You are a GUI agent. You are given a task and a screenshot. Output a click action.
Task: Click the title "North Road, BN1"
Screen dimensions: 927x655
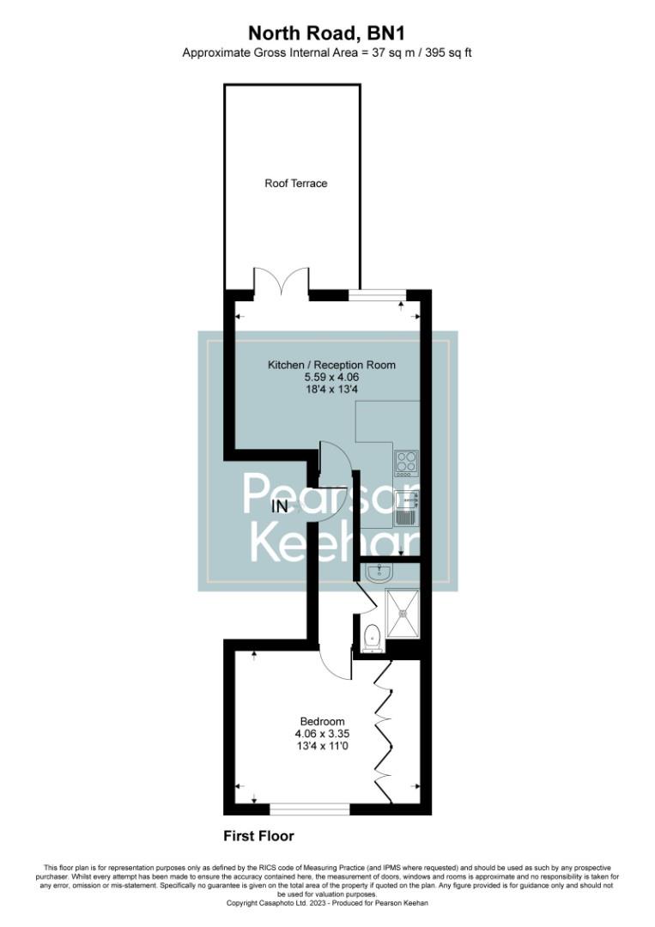pos(327,33)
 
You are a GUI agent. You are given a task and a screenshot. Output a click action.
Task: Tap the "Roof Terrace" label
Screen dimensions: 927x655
pos(295,183)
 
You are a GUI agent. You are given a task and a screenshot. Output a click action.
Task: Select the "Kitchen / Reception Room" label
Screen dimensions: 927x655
pos(332,365)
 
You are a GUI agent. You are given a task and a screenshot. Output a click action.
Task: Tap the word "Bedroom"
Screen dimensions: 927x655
pos(322,720)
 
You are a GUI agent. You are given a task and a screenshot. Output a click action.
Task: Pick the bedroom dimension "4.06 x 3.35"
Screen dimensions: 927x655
pos(322,734)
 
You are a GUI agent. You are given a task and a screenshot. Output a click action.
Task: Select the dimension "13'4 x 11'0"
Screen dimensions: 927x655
pos(322,747)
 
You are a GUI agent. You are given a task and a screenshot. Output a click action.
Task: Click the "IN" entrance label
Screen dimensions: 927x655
pos(279,506)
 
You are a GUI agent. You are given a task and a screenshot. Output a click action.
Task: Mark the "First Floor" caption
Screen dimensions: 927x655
pos(258,835)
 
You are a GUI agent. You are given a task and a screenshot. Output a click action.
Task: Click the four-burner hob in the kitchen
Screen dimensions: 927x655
pos(406,463)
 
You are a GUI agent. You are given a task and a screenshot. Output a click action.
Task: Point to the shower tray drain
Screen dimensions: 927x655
pos(402,613)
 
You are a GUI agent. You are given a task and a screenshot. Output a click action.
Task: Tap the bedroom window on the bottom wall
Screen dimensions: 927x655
pos(309,809)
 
